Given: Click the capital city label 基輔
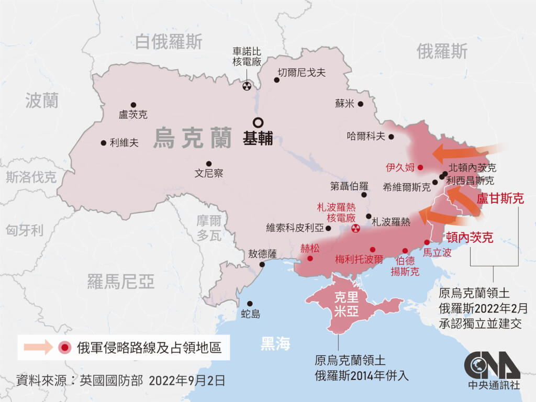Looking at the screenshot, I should click(258, 139).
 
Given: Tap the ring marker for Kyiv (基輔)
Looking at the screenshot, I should click(258, 121).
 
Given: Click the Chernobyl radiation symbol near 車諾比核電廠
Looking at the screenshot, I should click(247, 86).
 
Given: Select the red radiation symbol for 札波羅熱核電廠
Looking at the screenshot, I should click(356, 228).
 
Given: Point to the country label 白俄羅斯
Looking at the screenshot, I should click(169, 42).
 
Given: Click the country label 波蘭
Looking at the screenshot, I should click(42, 100).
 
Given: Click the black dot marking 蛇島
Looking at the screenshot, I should click(250, 304).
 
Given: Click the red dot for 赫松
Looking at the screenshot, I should click(310, 259).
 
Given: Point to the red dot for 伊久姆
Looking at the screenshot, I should click(420, 167).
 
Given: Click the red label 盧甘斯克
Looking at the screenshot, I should click(500, 200).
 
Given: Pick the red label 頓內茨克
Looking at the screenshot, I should click(469, 238).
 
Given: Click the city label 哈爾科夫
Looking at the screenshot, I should click(366, 136).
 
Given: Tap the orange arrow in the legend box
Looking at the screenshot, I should click(38, 348).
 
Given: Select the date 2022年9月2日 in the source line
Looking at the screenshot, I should click(187, 381).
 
